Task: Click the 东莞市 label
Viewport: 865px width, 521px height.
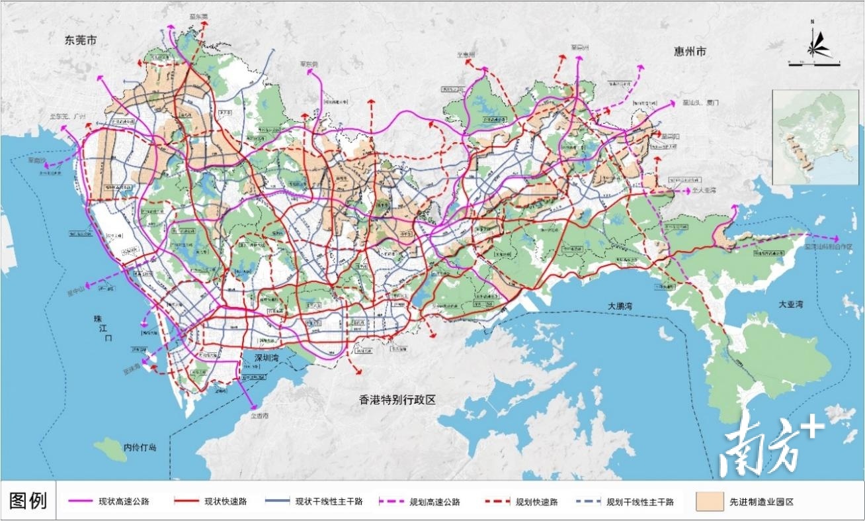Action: click(x=81, y=40)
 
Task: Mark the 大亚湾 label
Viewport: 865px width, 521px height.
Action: click(x=790, y=305)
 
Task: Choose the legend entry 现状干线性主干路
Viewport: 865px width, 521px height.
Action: click(x=329, y=502)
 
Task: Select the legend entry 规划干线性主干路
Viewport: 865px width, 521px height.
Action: click(x=639, y=502)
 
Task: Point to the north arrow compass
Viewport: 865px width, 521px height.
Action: click(x=813, y=45)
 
